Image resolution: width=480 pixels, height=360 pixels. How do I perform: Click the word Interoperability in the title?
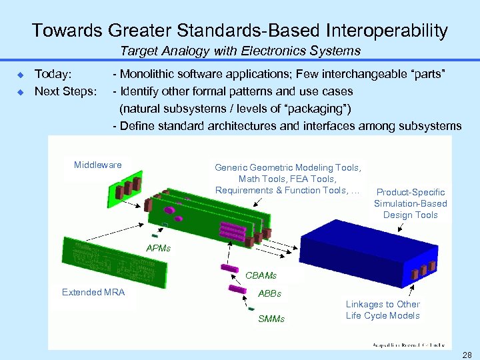point(387,31)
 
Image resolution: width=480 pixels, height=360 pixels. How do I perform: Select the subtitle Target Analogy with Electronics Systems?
point(240,51)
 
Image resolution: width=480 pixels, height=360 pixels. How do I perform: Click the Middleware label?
point(98,165)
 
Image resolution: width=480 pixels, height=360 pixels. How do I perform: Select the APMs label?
point(159,248)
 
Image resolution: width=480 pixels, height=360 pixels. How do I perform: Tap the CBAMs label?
point(261,275)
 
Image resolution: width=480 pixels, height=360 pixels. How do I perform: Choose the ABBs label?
point(270,293)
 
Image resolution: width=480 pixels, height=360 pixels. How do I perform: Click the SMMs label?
point(271,319)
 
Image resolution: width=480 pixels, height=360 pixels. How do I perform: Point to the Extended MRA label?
point(93,292)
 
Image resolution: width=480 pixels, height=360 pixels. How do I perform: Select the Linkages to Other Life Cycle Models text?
point(383,310)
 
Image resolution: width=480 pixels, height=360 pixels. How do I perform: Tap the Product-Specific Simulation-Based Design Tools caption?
point(411,203)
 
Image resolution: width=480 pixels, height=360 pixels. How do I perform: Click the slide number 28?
point(467,353)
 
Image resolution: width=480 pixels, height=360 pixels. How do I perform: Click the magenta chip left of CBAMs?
point(231,269)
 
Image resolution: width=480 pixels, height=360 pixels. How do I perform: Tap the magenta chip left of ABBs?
point(237,290)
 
